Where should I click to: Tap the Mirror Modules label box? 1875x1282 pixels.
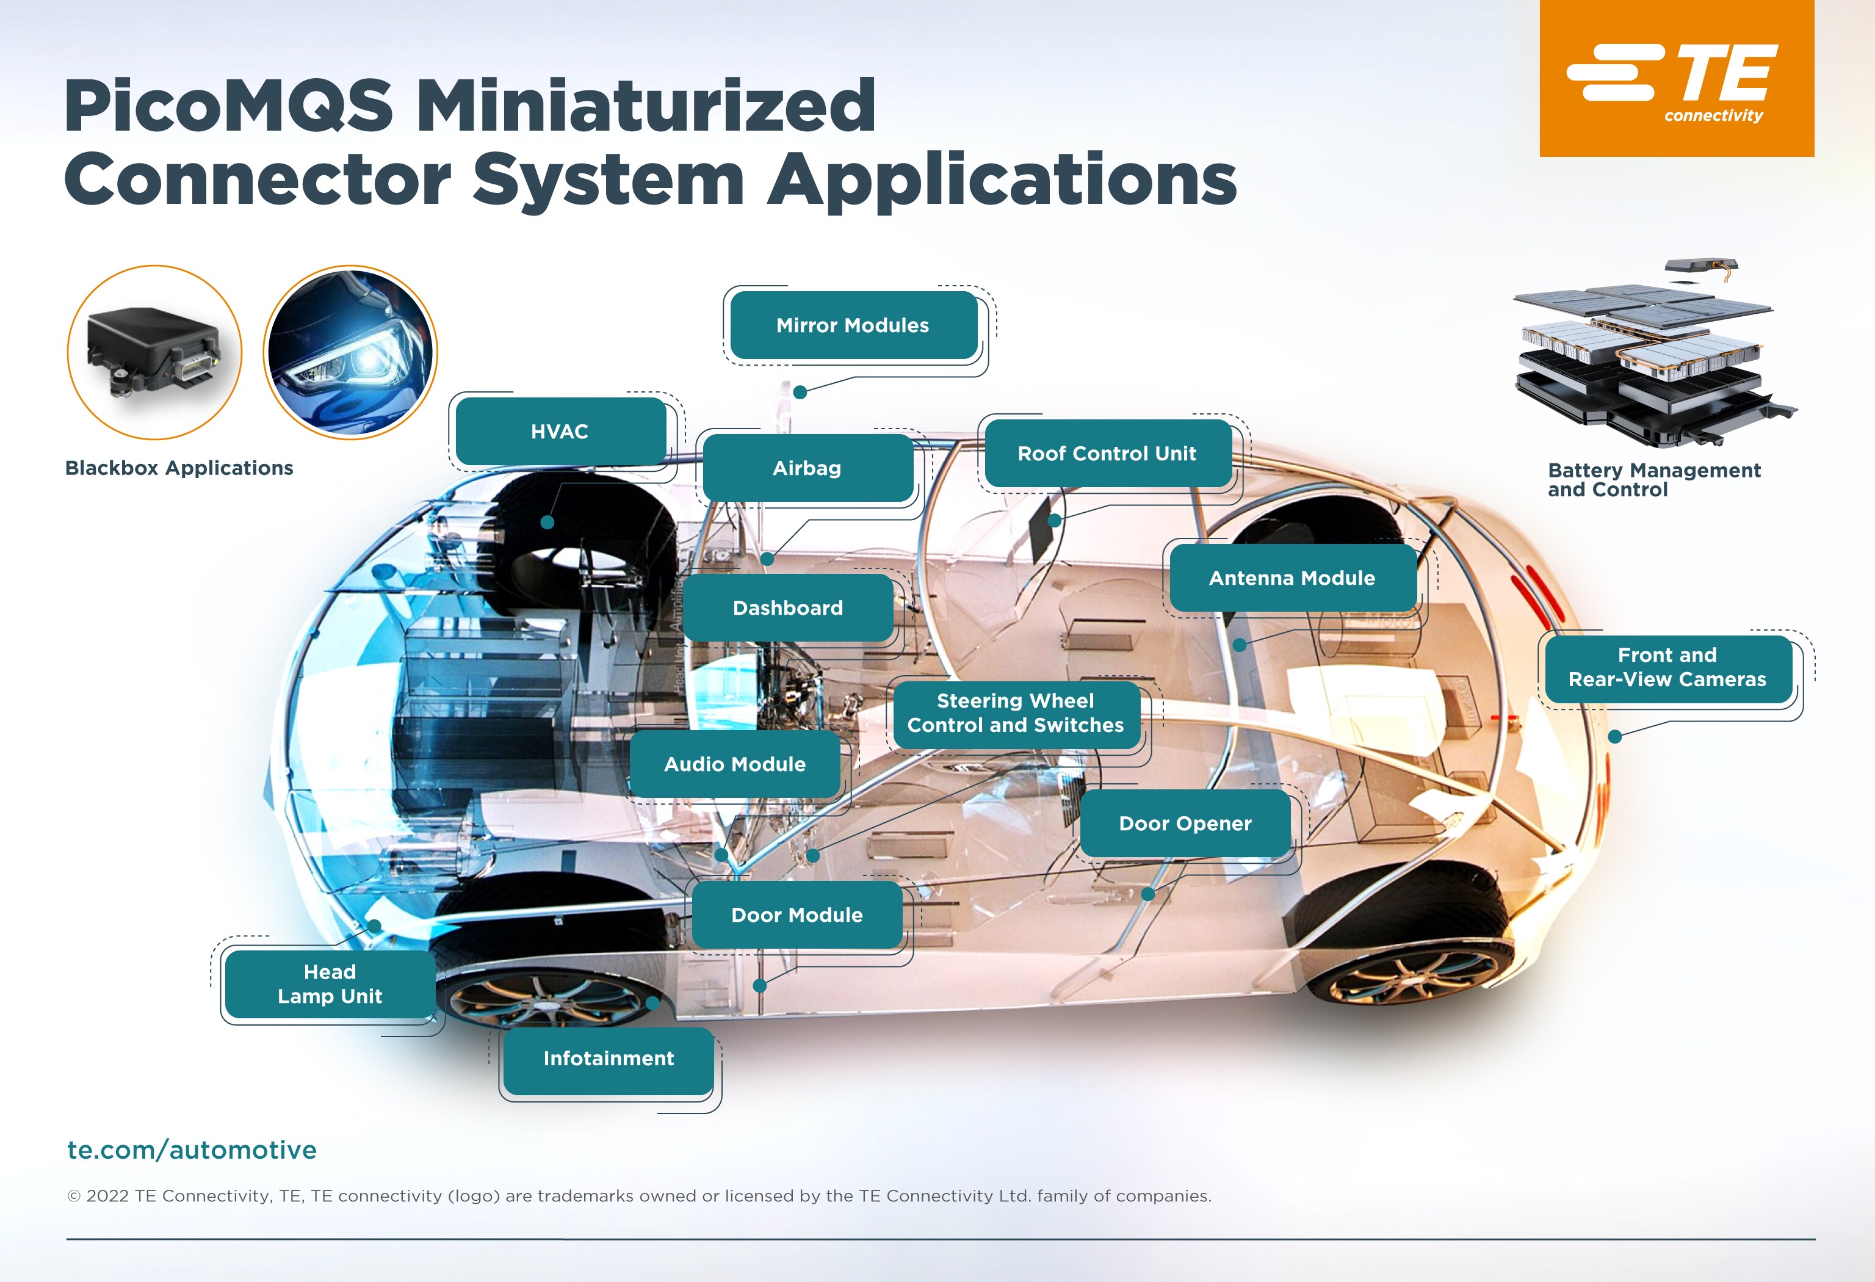(x=853, y=325)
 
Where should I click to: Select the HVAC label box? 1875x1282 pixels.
(x=560, y=432)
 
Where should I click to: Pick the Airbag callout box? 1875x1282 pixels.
(x=807, y=468)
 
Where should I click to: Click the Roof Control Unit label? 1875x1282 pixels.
(x=1107, y=454)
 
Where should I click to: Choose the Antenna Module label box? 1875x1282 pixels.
(x=1292, y=578)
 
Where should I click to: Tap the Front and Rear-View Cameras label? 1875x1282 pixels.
(x=1667, y=667)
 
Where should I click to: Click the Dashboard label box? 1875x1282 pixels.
(x=787, y=607)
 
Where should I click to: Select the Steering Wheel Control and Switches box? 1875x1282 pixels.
(x=1015, y=713)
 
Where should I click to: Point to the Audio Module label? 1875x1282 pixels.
(x=734, y=764)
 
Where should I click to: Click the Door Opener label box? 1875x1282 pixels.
(x=1184, y=824)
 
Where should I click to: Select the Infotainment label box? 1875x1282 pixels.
(x=609, y=1059)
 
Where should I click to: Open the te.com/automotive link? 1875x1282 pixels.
(x=192, y=1150)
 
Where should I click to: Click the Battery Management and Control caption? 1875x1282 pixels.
(x=1652, y=479)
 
